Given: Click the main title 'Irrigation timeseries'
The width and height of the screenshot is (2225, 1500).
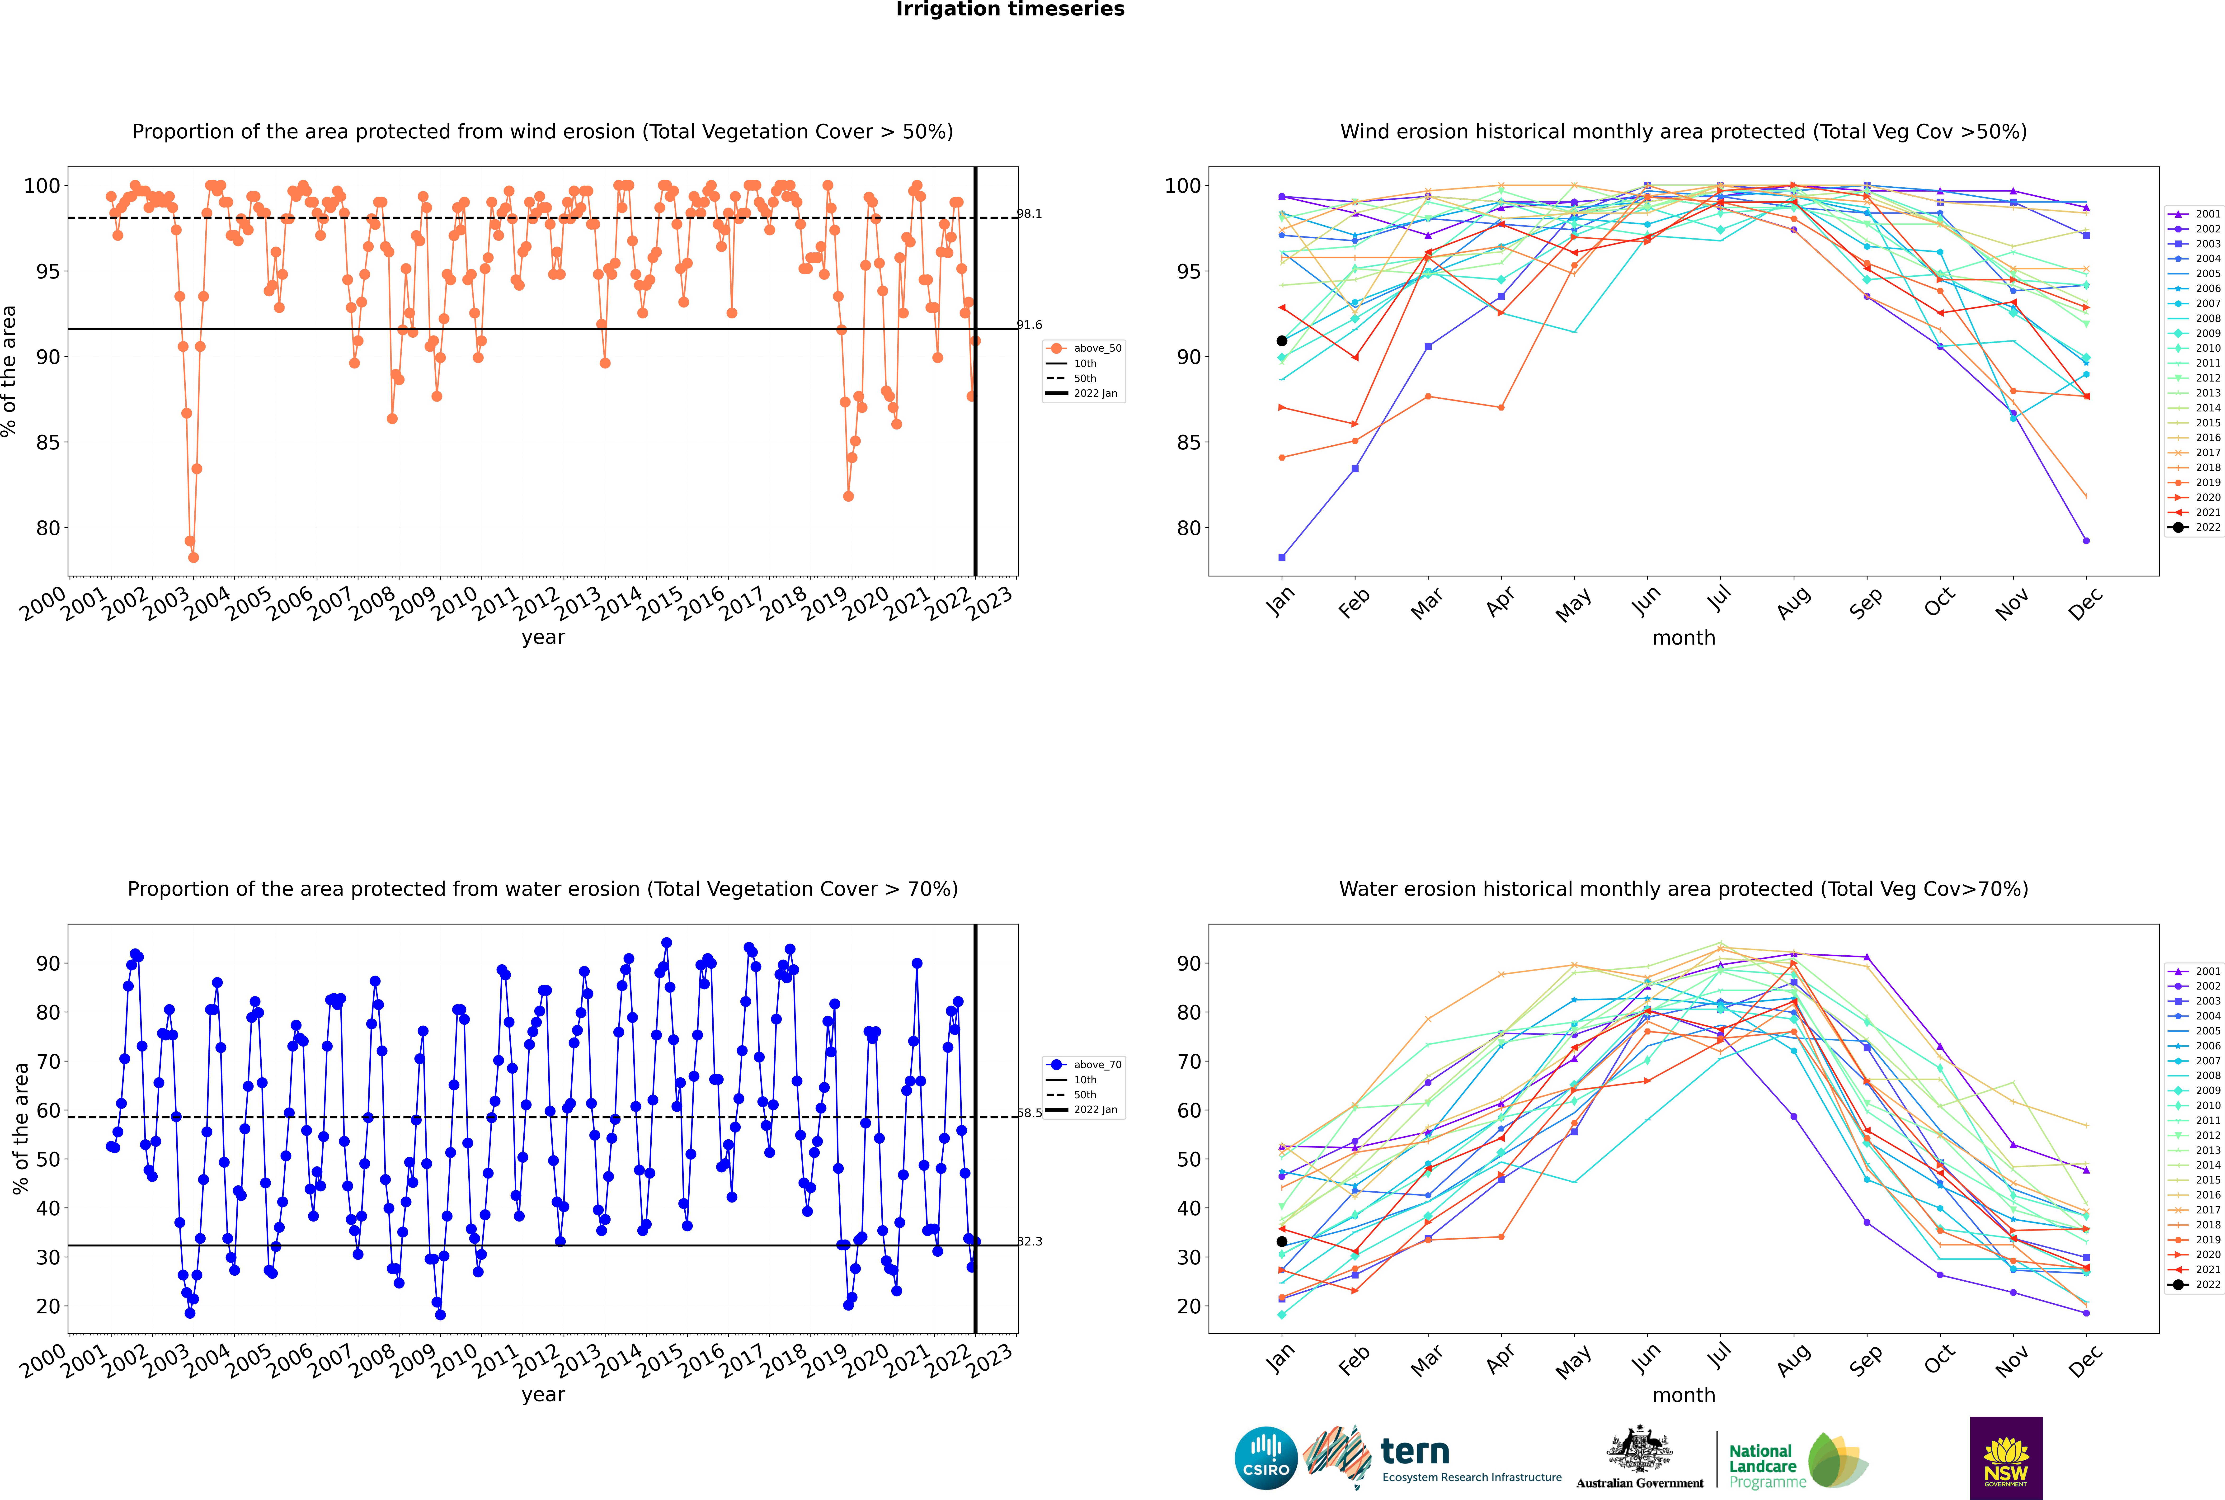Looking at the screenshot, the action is tap(1010, 9).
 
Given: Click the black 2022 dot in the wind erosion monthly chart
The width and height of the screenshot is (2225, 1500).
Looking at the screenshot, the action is tap(1282, 340).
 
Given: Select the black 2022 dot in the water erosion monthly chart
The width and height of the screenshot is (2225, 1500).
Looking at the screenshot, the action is tap(1282, 1242).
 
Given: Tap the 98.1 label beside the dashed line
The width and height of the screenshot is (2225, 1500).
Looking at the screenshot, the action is tap(1029, 213).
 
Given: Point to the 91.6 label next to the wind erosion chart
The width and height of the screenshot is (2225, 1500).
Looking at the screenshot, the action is tap(1029, 325).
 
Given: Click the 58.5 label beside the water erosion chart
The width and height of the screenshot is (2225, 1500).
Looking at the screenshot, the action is tap(1029, 1113).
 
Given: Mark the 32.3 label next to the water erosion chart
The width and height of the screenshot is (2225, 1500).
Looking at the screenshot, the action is tap(1029, 1242).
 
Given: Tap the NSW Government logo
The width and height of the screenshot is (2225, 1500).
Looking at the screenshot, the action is tap(2006, 1458).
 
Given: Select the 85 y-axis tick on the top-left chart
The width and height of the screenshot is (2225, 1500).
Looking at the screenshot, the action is tap(48, 443).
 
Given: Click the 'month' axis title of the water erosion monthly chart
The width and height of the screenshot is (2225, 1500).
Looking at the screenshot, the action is tap(1684, 1395).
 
